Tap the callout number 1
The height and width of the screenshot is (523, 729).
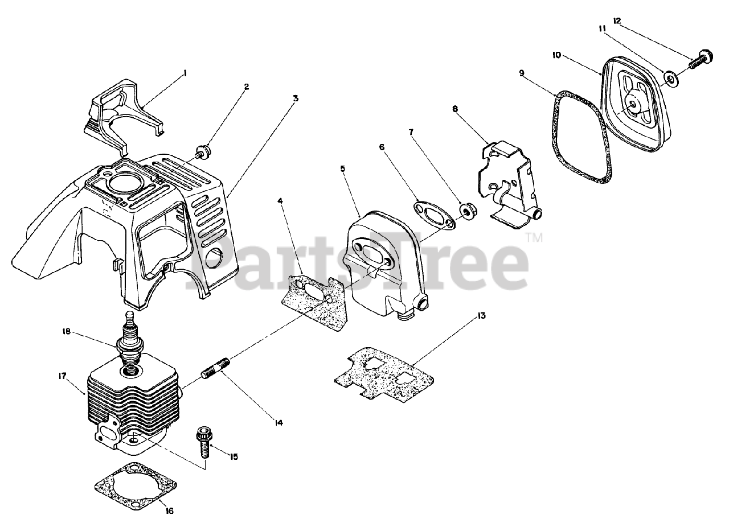[185, 73]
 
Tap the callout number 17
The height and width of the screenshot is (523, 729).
[62, 376]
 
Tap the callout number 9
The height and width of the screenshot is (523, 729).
[521, 73]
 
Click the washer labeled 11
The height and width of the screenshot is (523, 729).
[671, 78]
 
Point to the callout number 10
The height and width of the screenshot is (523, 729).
[556, 55]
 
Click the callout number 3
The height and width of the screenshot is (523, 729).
[296, 98]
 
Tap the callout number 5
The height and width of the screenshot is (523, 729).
[342, 168]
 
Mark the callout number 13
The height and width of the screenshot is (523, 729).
[482, 316]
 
